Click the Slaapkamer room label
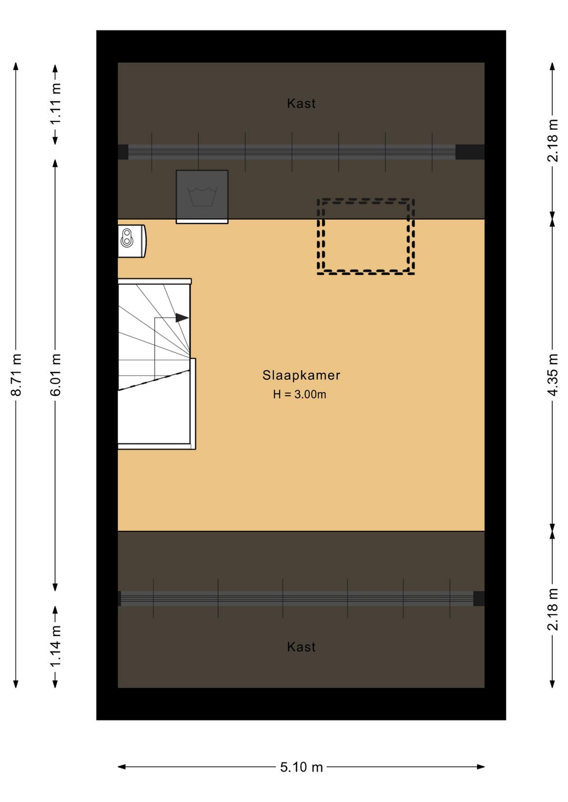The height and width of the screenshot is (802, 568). [x=301, y=375]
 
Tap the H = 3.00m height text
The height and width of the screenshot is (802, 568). [x=300, y=395]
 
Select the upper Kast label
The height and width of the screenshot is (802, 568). [x=301, y=104]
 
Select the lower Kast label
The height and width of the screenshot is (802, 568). [x=301, y=647]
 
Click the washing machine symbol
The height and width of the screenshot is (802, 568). [x=202, y=197]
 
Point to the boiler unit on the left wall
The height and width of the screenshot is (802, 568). [x=132, y=241]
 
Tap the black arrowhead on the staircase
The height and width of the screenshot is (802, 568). [x=182, y=317]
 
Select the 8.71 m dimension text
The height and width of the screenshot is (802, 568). [x=16, y=375]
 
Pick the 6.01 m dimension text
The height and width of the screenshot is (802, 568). [x=56, y=375]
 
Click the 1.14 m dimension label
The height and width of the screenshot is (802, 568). [x=56, y=646]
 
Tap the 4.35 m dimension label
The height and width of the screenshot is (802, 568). [x=553, y=375]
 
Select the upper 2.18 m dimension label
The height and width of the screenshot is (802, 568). [x=553, y=141]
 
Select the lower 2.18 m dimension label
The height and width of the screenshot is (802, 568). [x=553, y=609]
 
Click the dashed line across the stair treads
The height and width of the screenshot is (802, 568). [x=154, y=380]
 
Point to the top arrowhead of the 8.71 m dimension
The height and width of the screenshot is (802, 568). [x=16, y=67]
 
